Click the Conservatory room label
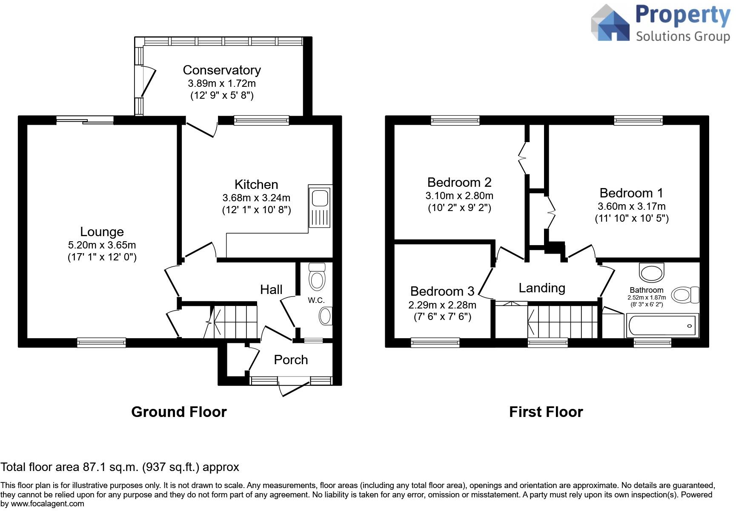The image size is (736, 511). [222, 70]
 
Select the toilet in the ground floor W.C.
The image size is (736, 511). [317, 277]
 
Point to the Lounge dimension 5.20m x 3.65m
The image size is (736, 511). [102, 245]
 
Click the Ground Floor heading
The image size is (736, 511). [179, 412]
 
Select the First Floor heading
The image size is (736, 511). [546, 412]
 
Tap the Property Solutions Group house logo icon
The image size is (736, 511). [610, 23]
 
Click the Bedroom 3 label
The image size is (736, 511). [442, 291]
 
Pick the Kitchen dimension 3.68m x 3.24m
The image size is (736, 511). [256, 198]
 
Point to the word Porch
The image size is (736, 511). [291, 360]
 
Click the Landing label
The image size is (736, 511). [541, 288]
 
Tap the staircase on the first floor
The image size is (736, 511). [563, 321]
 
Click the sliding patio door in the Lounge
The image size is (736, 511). [85, 120]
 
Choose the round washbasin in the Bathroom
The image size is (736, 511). [651, 272]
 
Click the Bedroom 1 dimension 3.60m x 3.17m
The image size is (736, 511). [631, 206]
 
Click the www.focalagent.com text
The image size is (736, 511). [47, 504]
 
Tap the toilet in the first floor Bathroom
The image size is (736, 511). [685, 294]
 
